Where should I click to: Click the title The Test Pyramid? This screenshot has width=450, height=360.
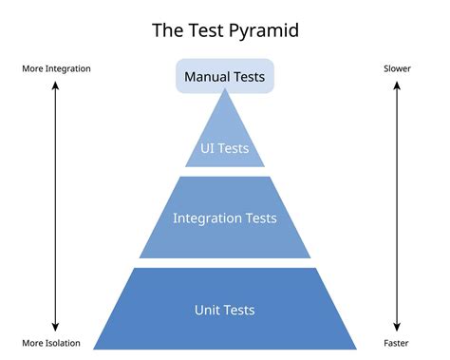point(224,29)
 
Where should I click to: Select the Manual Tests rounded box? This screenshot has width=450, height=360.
point(225,76)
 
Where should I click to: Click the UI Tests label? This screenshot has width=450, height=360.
point(225,148)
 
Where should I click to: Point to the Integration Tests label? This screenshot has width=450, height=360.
point(225,218)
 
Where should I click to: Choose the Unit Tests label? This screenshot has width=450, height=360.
point(225,310)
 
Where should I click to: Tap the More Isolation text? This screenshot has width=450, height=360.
point(51,343)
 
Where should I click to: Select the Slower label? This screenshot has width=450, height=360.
point(397,69)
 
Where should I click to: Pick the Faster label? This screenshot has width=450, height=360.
point(397,343)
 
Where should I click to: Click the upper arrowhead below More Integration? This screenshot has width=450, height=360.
point(55,85)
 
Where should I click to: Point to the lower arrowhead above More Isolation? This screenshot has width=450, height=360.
point(55,327)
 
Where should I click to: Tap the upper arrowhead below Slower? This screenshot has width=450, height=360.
point(397,85)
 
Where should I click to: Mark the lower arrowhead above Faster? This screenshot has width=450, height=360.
point(397,327)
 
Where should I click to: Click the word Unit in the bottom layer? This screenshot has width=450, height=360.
point(209,310)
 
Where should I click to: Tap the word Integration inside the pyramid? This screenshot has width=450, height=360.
point(207,218)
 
